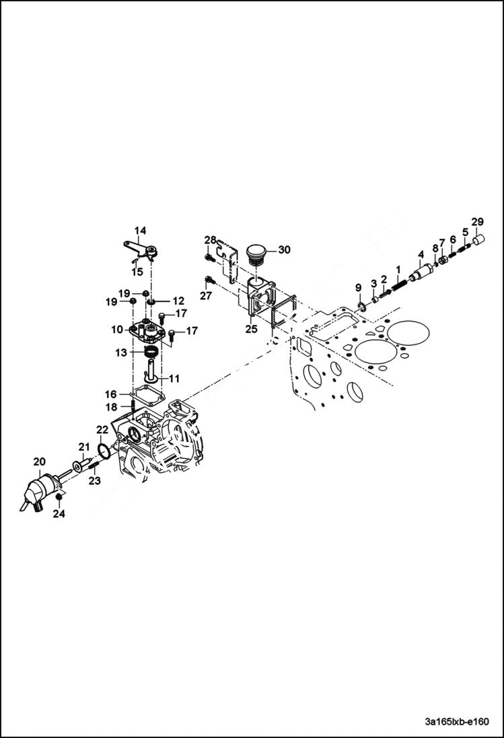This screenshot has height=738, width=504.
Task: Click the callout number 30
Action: click(284, 250)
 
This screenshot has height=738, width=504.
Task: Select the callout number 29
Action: click(477, 222)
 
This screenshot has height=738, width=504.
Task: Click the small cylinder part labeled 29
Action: click(478, 239)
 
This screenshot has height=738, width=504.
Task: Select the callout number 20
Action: click(40, 461)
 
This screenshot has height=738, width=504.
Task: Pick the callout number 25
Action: click(252, 330)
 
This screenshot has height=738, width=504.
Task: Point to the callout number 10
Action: click(117, 330)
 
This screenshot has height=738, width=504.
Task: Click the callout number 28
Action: click(211, 240)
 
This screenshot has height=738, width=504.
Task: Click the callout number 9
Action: click(359, 288)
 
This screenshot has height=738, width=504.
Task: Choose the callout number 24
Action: click(60, 515)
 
